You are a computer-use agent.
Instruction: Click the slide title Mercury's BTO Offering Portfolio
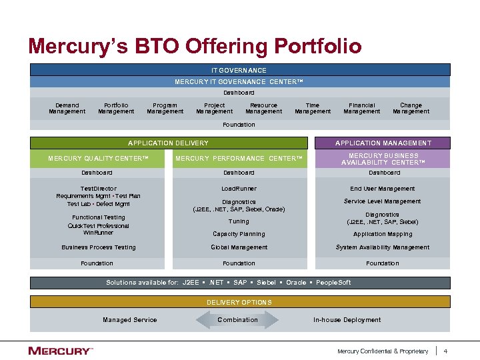pos(195,46)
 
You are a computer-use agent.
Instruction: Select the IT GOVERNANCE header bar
pos(240,70)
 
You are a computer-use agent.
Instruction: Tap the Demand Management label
pos(67,108)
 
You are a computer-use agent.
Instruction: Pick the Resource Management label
pos(263,108)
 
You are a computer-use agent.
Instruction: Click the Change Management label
pos(411,108)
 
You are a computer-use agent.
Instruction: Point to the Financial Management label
pos(361,108)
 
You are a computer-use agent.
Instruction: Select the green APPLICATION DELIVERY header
pos(169,143)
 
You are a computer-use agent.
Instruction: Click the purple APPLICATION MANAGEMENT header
pos(383,143)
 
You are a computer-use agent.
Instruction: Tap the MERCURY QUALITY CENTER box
pos(97,159)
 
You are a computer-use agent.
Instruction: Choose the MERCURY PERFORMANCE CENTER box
pos(239,159)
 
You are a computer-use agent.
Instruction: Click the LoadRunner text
pos(239,189)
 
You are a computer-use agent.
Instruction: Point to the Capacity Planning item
pos(239,234)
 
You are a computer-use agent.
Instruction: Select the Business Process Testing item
pos(98,247)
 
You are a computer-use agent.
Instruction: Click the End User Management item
pos(383,189)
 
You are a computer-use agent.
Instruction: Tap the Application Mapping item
pos(383,234)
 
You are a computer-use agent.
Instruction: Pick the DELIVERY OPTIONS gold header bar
pos(240,302)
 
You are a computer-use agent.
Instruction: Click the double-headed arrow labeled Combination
pos(238,320)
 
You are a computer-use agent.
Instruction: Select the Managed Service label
pos(130,320)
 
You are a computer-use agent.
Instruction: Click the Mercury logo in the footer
pos(60,351)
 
